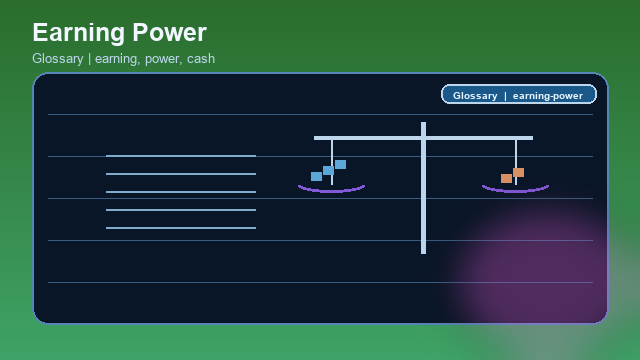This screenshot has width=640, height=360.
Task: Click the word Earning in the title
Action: point(78,33)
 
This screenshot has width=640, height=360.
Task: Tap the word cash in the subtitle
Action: point(201,59)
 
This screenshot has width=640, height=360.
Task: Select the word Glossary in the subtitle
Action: point(58,59)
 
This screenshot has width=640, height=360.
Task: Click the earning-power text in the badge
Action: point(548,96)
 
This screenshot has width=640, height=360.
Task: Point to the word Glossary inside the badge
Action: point(475,96)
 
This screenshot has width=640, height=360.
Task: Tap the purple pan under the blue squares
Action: point(331,188)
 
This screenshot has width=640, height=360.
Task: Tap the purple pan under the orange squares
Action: point(515,188)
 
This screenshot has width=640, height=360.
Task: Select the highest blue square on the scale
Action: point(340,164)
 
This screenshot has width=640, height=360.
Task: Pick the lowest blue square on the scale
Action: point(316,176)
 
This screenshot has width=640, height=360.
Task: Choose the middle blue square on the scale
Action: point(328,170)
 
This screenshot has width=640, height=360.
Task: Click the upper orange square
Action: point(518,172)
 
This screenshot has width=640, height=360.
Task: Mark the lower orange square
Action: point(506,178)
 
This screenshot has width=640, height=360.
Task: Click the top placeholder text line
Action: point(181,156)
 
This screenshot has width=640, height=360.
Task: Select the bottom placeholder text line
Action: point(181,228)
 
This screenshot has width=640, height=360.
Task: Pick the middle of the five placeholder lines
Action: point(181,192)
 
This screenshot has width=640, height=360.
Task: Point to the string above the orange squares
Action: point(516,152)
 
